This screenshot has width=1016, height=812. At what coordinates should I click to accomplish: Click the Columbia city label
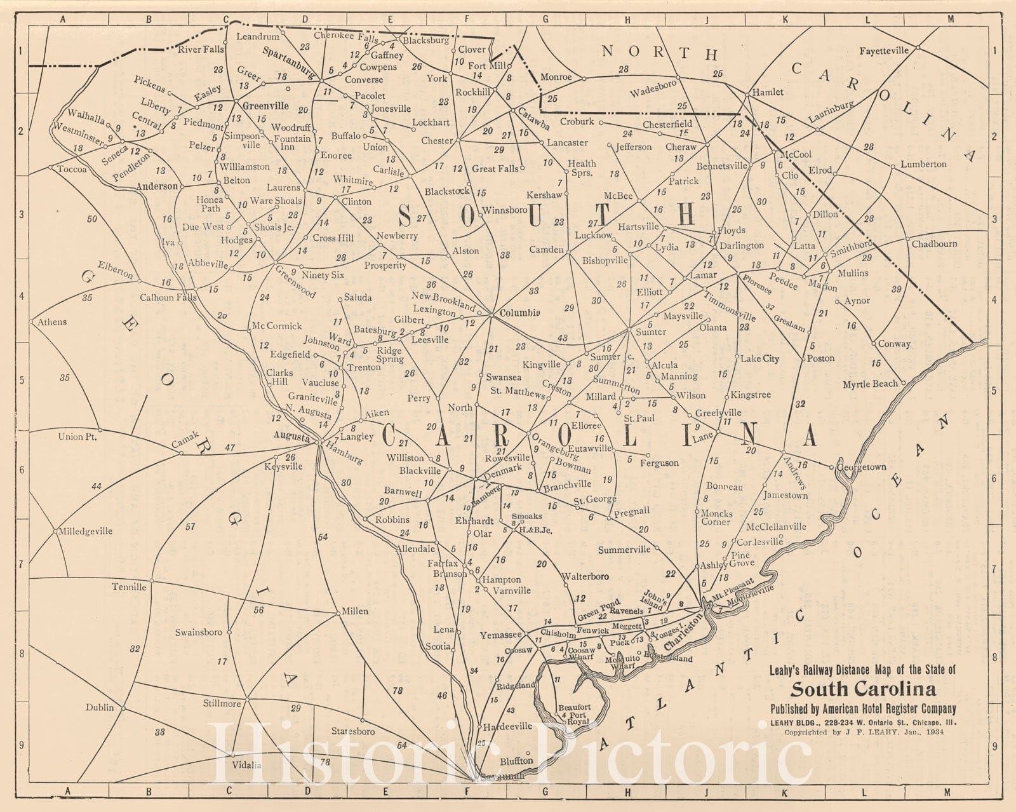click(x=519, y=313)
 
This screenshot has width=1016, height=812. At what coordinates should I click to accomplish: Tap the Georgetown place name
click(x=862, y=467)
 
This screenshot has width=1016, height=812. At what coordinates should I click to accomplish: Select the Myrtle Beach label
click(x=870, y=384)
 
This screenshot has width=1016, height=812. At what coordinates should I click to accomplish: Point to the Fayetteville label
click(x=884, y=51)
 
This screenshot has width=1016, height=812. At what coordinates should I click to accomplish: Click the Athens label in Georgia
click(x=51, y=322)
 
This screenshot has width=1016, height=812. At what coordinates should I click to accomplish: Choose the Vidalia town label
click(x=247, y=765)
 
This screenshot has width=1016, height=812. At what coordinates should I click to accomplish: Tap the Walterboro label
click(x=585, y=577)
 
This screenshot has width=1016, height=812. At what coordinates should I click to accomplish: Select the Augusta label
click(x=291, y=437)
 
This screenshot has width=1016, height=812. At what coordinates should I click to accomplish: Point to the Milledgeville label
click(x=85, y=531)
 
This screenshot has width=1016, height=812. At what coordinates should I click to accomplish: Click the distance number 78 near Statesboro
click(x=398, y=691)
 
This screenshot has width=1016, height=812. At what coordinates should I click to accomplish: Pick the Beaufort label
click(x=574, y=707)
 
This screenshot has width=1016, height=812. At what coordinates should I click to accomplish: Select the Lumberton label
click(x=923, y=164)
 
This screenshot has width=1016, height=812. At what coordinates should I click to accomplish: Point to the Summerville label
click(x=624, y=550)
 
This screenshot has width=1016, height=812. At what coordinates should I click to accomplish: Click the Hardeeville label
click(x=507, y=726)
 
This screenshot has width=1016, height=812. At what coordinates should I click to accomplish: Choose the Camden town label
click(x=546, y=250)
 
